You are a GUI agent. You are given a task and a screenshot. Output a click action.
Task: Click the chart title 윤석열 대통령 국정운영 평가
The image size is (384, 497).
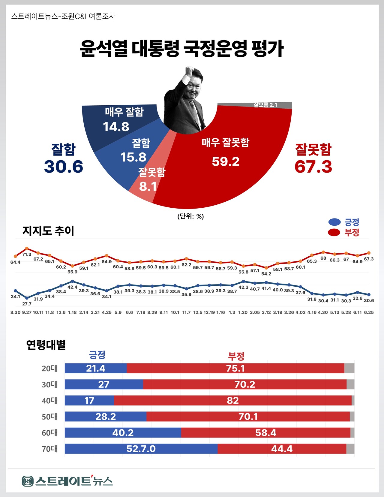[x=182, y=49]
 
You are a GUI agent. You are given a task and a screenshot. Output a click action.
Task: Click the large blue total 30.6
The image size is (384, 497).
[x=64, y=167]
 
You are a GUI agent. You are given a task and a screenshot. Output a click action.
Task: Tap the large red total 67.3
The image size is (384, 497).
[x=313, y=167]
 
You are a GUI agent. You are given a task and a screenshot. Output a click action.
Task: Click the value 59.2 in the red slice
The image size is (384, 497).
[x=226, y=162]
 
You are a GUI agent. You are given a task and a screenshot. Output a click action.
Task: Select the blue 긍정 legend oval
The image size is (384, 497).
[x=334, y=222]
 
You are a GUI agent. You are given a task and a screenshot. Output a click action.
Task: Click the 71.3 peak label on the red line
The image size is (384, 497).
[x=27, y=255]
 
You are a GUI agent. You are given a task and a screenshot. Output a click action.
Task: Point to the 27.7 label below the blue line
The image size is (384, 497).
[x=27, y=304]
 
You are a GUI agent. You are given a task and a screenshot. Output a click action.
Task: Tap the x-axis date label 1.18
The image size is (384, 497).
[x=72, y=312]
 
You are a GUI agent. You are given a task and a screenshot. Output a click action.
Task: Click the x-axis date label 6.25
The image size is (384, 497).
[x=369, y=312]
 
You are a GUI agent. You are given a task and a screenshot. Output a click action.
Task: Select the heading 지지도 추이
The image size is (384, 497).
[x=48, y=231]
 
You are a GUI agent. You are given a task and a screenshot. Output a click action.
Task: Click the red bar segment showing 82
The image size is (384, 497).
[x=233, y=400]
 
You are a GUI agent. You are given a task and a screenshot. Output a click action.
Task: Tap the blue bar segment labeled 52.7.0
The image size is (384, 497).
[x=141, y=449]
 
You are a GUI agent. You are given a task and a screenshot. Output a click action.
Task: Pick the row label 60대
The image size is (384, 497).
[x=49, y=433]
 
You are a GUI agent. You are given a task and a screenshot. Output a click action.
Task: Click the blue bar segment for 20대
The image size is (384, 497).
[x=96, y=368]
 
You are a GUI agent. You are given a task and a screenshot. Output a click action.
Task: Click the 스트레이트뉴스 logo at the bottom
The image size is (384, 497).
[x=67, y=481]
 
